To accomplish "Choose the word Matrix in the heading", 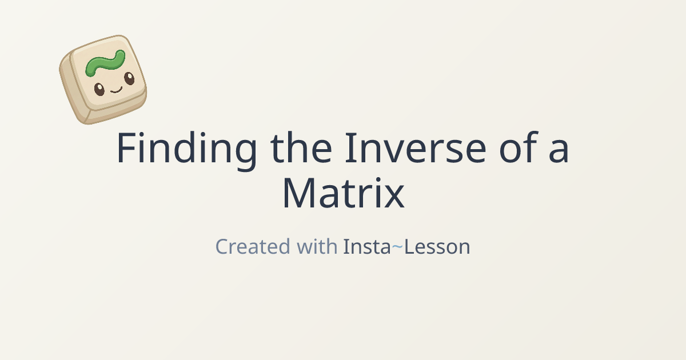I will [x=343, y=194].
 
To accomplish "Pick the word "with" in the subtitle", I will [x=317, y=247].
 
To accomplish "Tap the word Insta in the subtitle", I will [x=366, y=247].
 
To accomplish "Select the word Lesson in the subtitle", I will [x=437, y=247].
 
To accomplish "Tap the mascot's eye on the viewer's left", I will [x=99, y=89].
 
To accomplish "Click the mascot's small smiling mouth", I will [x=116, y=89].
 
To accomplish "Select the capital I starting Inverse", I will [x=348, y=149].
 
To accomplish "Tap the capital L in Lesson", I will [x=409, y=247].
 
